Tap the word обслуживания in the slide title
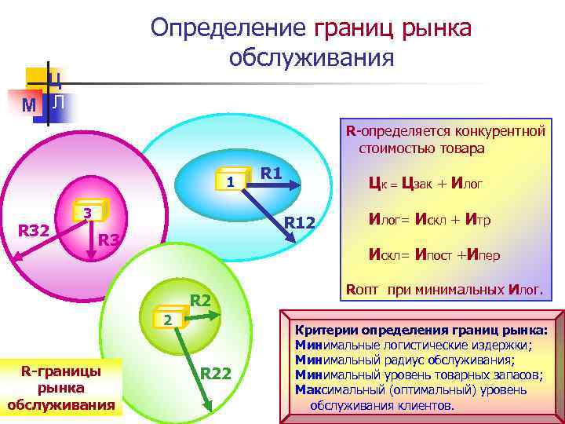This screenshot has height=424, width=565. pyautogui.click(x=311, y=58)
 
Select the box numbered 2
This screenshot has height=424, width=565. pyautogui.click(x=166, y=319)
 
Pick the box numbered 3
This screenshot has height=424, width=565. pyautogui.click(x=88, y=214)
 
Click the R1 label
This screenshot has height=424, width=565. pyautogui.click(x=271, y=172)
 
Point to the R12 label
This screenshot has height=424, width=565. pyautogui.click(x=299, y=225)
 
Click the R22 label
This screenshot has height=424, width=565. pyautogui.click(x=216, y=373)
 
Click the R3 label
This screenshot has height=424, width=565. pyautogui.click(x=110, y=239)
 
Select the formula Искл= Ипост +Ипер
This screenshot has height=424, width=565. pyautogui.click(x=434, y=254)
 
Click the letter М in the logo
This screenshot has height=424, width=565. pyautogui.click(x=29, y=104)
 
